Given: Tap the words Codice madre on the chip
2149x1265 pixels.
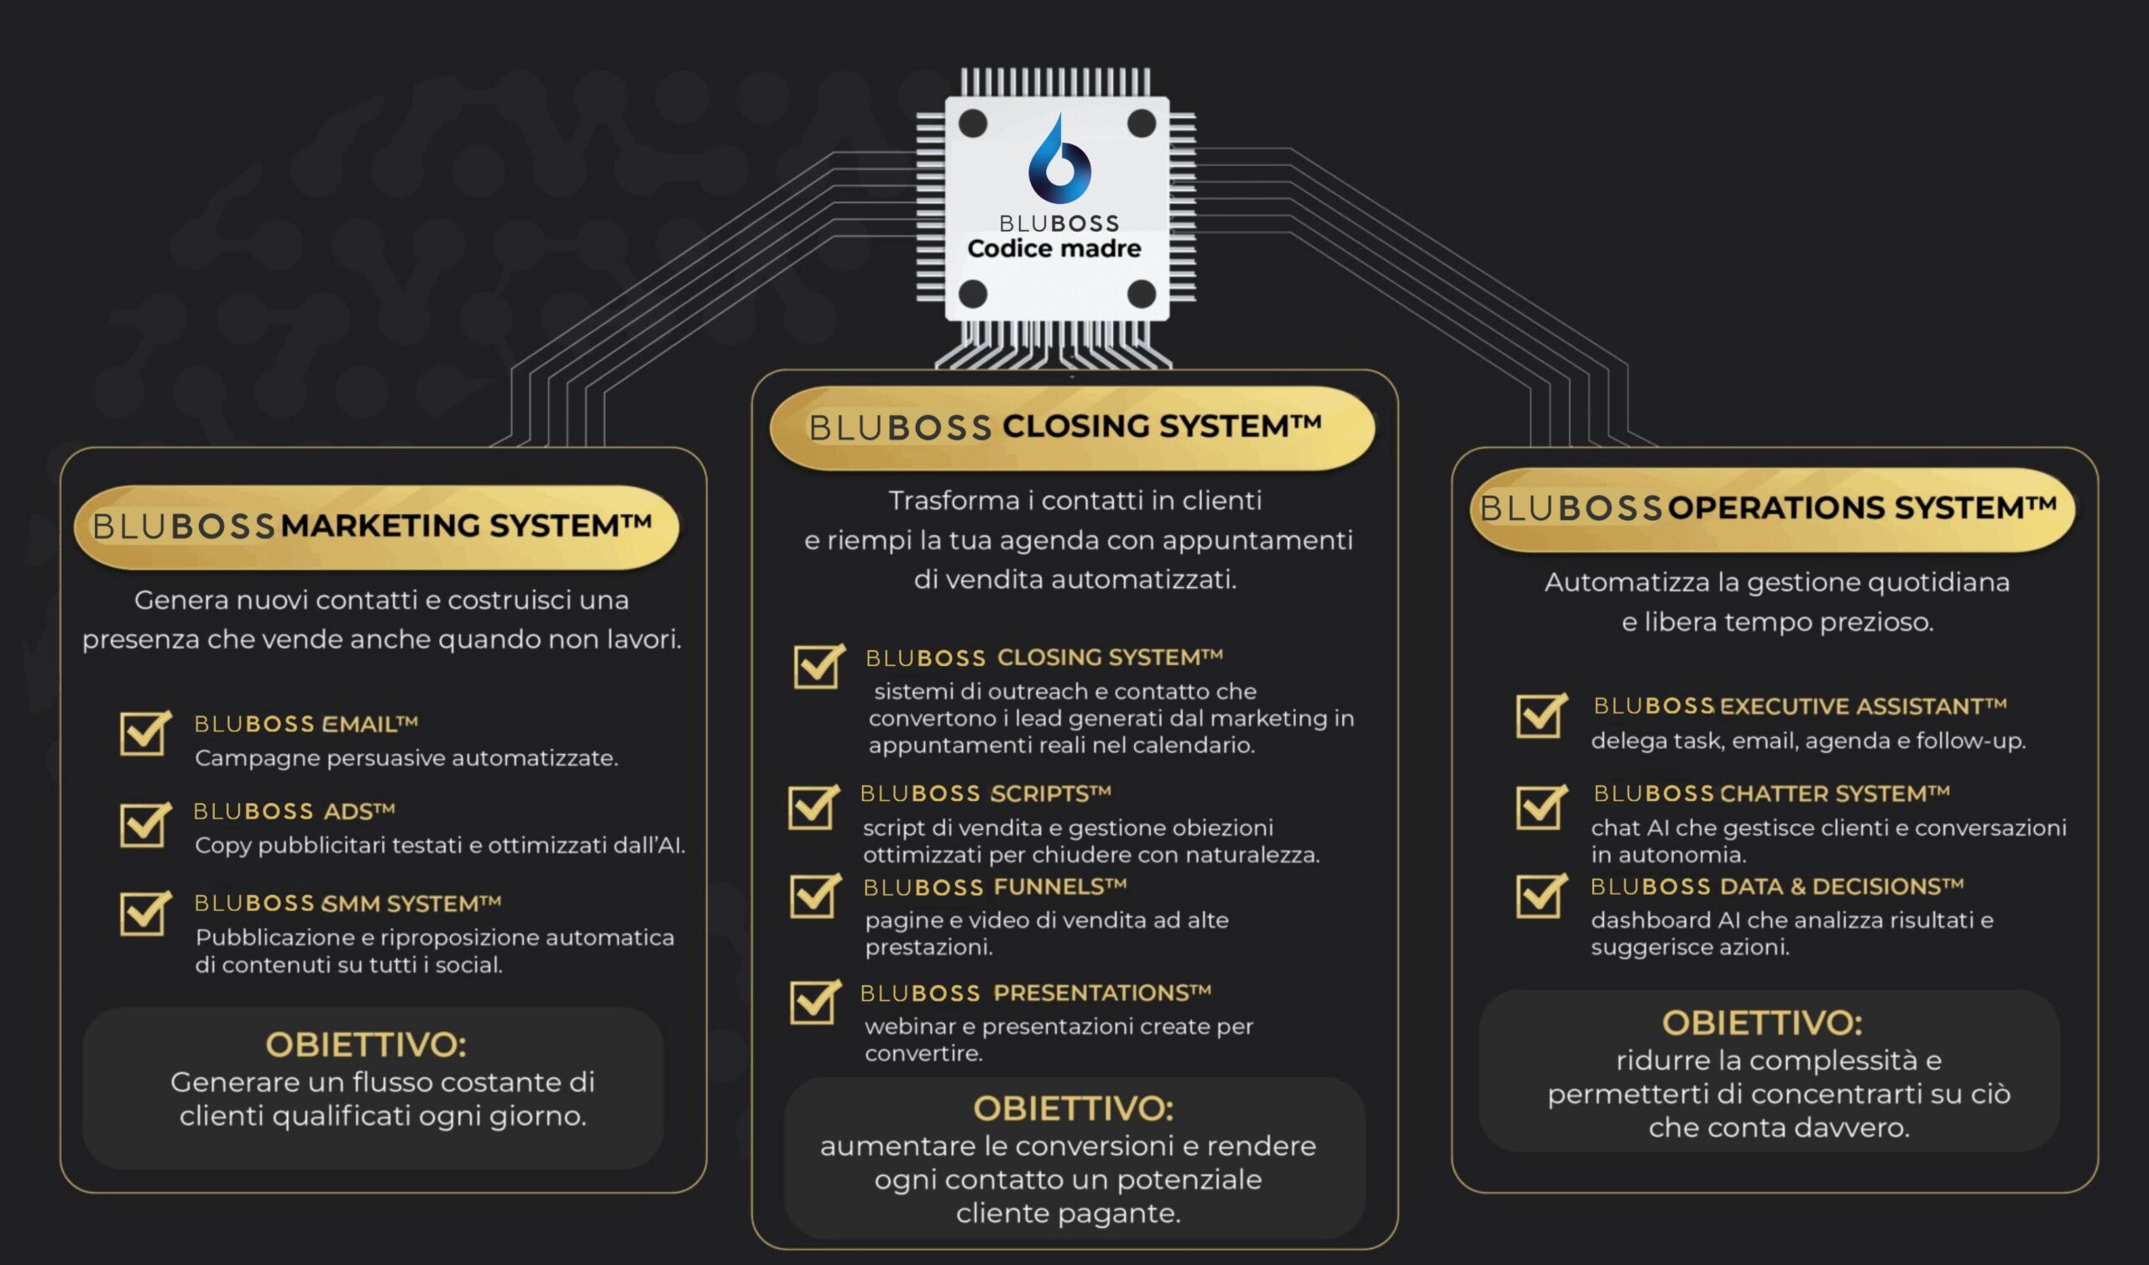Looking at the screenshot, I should [x=1054, y=249].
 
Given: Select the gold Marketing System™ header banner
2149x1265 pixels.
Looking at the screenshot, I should [x=376, y=526].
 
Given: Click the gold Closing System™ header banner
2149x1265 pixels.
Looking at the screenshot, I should [x=1071, y=427].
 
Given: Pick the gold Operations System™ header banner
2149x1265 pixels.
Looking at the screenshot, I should [x=1772, y=509].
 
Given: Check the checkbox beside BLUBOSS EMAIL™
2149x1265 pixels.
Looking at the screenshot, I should [x=143, y=733].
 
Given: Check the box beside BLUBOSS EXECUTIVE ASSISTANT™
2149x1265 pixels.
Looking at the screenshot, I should [x=1540, y=716].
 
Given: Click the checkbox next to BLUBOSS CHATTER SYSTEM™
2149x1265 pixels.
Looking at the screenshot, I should [x=1540, y=806].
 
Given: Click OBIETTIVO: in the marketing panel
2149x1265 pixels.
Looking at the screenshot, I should [x=366, y=1044].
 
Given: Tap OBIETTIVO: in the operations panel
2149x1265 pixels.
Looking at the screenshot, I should [x=1762, y=1022].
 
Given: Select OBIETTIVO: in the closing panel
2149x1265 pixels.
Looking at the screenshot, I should [x=1073, y=1108].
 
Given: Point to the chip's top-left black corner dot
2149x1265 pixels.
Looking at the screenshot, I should [x=972, y=123].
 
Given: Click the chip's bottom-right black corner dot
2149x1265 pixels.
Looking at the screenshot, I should [x=1141, y=294].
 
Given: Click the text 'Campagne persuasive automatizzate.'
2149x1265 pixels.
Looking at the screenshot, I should [x=406, y=757].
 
